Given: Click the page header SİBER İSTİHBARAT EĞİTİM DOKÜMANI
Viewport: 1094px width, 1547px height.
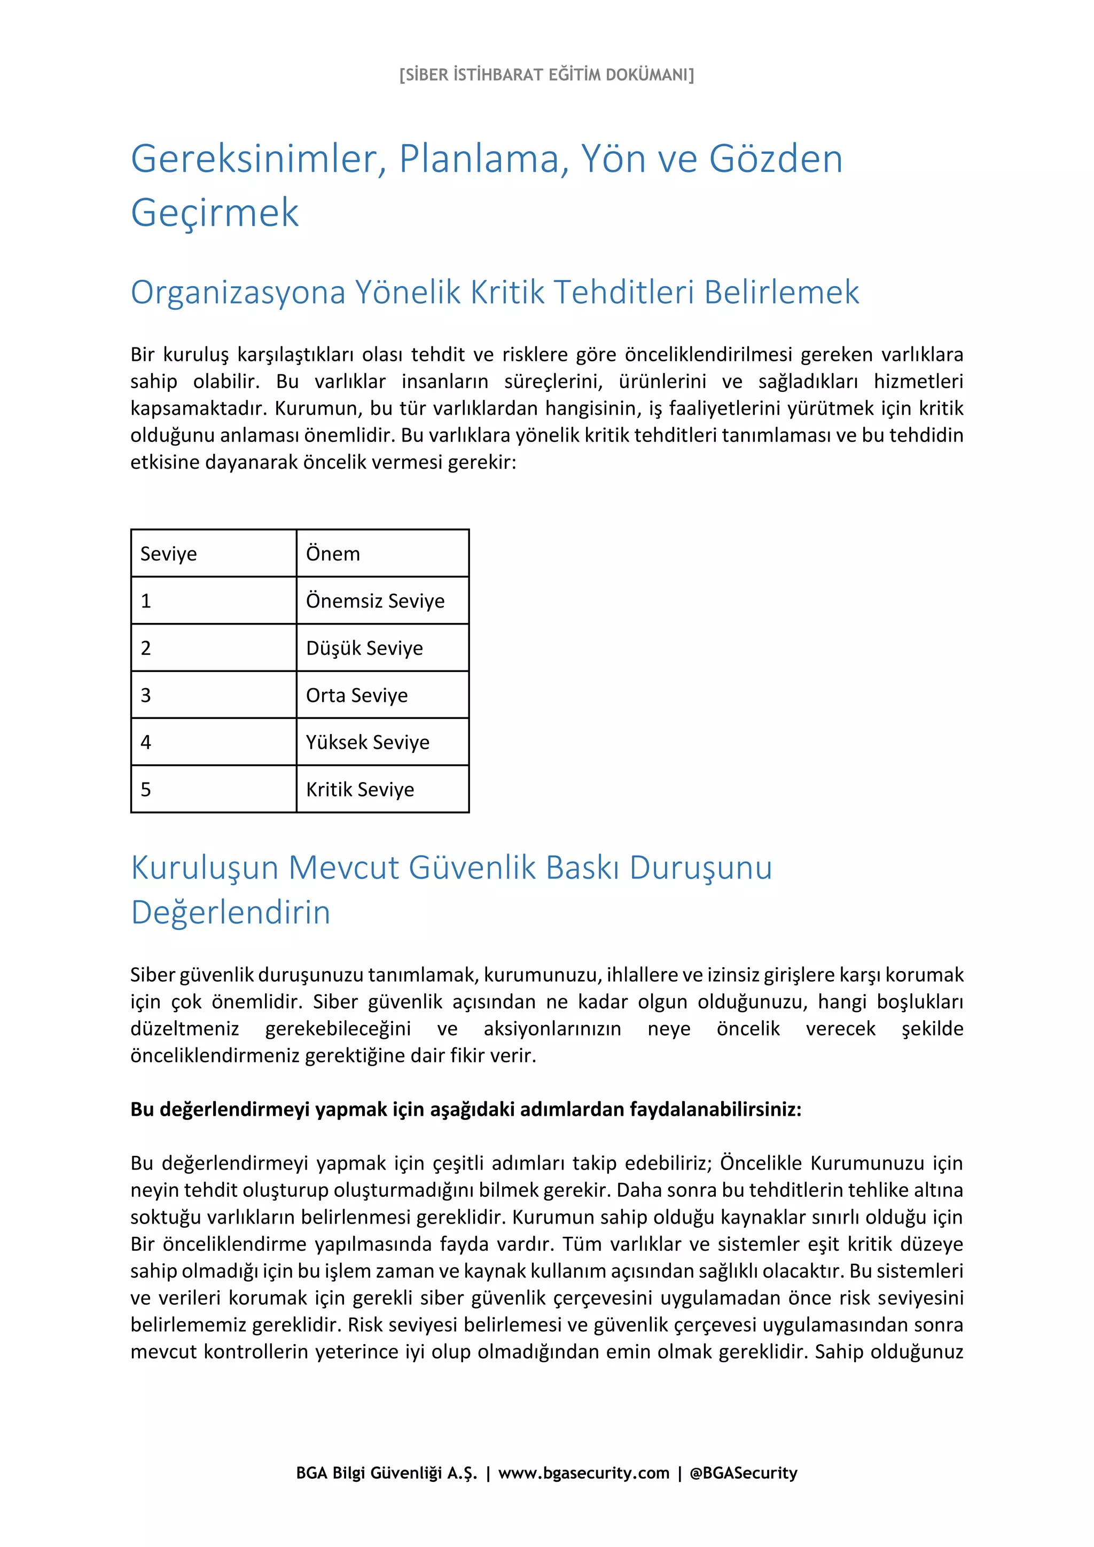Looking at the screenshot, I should click(x=546, y=75).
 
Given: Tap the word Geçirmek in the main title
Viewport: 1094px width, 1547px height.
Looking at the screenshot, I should click(x=214, y=213).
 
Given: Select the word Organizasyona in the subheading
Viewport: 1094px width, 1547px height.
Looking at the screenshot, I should click(x=238, y=293).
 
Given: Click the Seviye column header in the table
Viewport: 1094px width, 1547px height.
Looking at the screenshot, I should click(x=168, y=554).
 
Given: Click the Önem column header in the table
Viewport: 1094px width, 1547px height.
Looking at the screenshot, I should click(x=333, y=554).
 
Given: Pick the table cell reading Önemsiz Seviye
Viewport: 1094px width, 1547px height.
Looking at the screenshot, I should click(x=375, y=601).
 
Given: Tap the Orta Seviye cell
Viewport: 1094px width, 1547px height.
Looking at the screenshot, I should click(x=357, y=696).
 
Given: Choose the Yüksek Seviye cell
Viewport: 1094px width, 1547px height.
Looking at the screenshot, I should click(x=368, y=743).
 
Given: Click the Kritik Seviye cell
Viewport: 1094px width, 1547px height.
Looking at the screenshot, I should click(x=360, y=790).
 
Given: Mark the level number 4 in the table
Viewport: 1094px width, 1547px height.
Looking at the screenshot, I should click(x=146, y=743).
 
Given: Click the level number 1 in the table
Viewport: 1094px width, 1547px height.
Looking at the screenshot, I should click(x=146, y=601).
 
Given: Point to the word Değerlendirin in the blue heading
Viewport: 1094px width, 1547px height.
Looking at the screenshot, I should click(x=231, y=912).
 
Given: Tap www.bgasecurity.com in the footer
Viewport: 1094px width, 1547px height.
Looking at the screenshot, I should click(x=584, y=1473).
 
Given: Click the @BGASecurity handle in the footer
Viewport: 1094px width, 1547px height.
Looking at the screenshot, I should click(x=744, y=1473).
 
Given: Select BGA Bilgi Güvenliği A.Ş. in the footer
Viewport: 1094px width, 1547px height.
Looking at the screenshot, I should click(x=386, y=1473).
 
